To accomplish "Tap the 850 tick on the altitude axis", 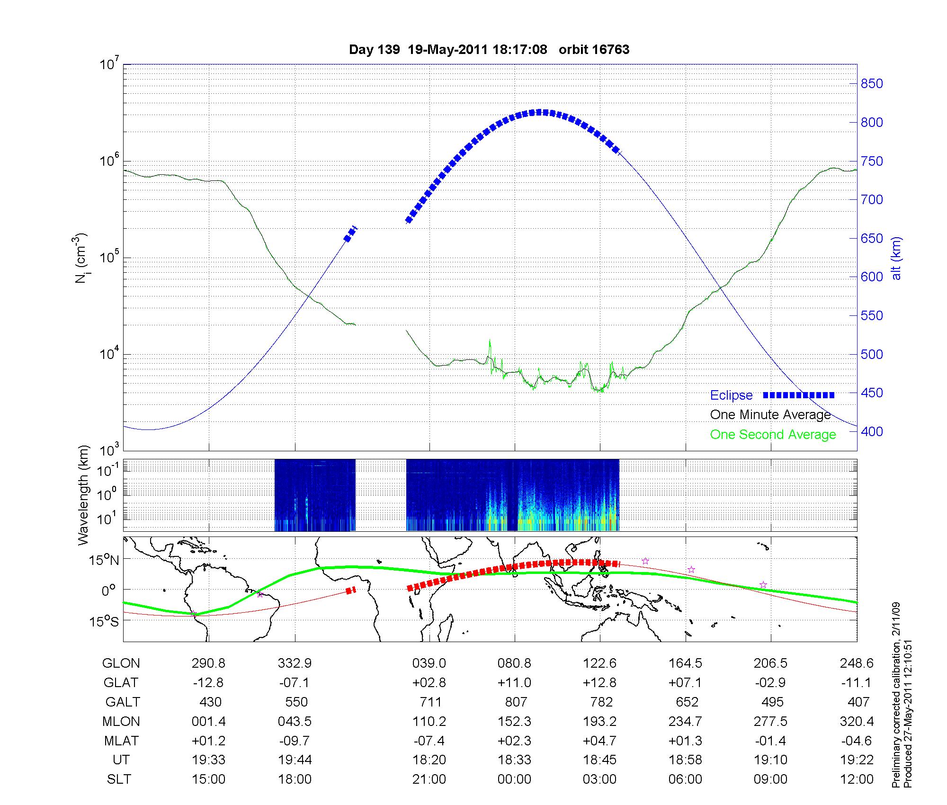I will tap(871, 84).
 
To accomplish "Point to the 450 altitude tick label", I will tap(871, 393).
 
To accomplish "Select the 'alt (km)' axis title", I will tap(896, 258).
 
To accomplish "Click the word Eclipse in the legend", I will tap(731, 395).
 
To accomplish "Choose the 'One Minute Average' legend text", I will tap(770, 415).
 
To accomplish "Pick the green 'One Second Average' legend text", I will tap(773, 435).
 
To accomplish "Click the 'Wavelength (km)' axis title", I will tap(84, 495).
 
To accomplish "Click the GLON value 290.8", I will tap(209, 663).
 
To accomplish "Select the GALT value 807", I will tap(516, 702).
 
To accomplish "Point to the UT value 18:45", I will tap(600, 760).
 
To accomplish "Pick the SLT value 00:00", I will tap(514, 779).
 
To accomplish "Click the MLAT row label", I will tap(121, 741).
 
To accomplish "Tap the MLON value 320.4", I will tap(857, 721).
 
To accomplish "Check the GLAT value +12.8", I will tap(600, 683).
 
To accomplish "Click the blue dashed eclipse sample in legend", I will tap(798, 395).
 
